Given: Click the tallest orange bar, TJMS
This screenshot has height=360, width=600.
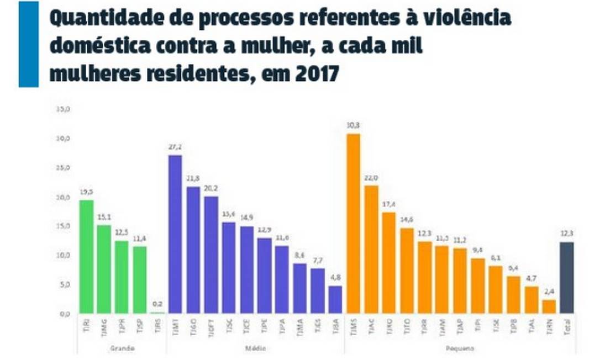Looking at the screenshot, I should [x=353, y=224].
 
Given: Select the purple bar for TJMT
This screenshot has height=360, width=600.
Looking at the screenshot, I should [x=175, y=234].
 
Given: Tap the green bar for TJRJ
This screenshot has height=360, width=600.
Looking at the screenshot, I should [x=86, y=256].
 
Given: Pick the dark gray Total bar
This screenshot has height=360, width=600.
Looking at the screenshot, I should [x=566, y=278].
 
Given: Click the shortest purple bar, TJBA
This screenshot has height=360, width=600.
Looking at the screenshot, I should [x=335, y=299].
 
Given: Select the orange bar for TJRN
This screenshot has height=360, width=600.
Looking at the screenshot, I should [x=549, y=306].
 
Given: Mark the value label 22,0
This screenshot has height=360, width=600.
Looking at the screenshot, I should [x=371, y=178].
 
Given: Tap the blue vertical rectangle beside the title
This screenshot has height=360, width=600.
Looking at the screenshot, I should [x=28, y=44].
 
